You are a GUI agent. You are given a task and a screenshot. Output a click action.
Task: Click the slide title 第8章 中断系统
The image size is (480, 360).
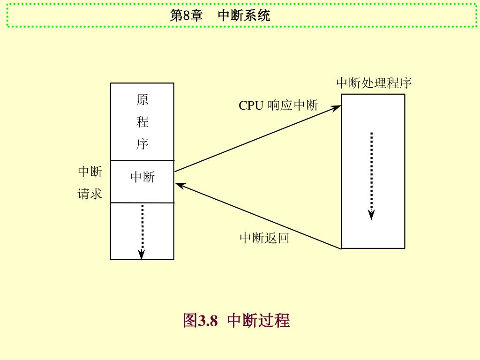tap(220, 16)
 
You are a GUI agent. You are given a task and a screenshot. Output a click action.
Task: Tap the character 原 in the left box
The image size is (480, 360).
tap(142, 100)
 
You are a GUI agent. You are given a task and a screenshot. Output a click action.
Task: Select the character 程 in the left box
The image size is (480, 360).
tap(142, 122)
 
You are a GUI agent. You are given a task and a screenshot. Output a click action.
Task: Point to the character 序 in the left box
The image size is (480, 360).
tap(142, 144)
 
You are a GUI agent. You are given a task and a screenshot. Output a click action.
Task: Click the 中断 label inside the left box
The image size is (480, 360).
tap(142, 177)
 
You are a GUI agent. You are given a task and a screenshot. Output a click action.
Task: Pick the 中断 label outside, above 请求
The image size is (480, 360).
tap(90, 172)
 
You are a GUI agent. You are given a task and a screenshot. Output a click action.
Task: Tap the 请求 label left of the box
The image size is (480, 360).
tap(90, 194)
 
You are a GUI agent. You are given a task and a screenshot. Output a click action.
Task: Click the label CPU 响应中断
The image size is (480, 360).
tap(278, 105)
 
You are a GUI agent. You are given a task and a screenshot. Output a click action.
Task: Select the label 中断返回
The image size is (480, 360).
tap(264, 238)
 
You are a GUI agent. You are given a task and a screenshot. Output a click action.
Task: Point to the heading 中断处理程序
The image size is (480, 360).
tap(374, 83)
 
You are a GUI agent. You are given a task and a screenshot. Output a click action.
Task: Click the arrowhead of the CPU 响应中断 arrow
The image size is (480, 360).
tap(337, 108)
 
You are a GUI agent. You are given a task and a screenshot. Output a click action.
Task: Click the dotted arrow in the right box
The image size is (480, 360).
tap(371, 173)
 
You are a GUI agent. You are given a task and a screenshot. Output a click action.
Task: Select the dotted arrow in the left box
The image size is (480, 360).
tap(142, 230)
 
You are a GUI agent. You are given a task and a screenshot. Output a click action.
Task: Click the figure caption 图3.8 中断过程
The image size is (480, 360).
tap(236, 321)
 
